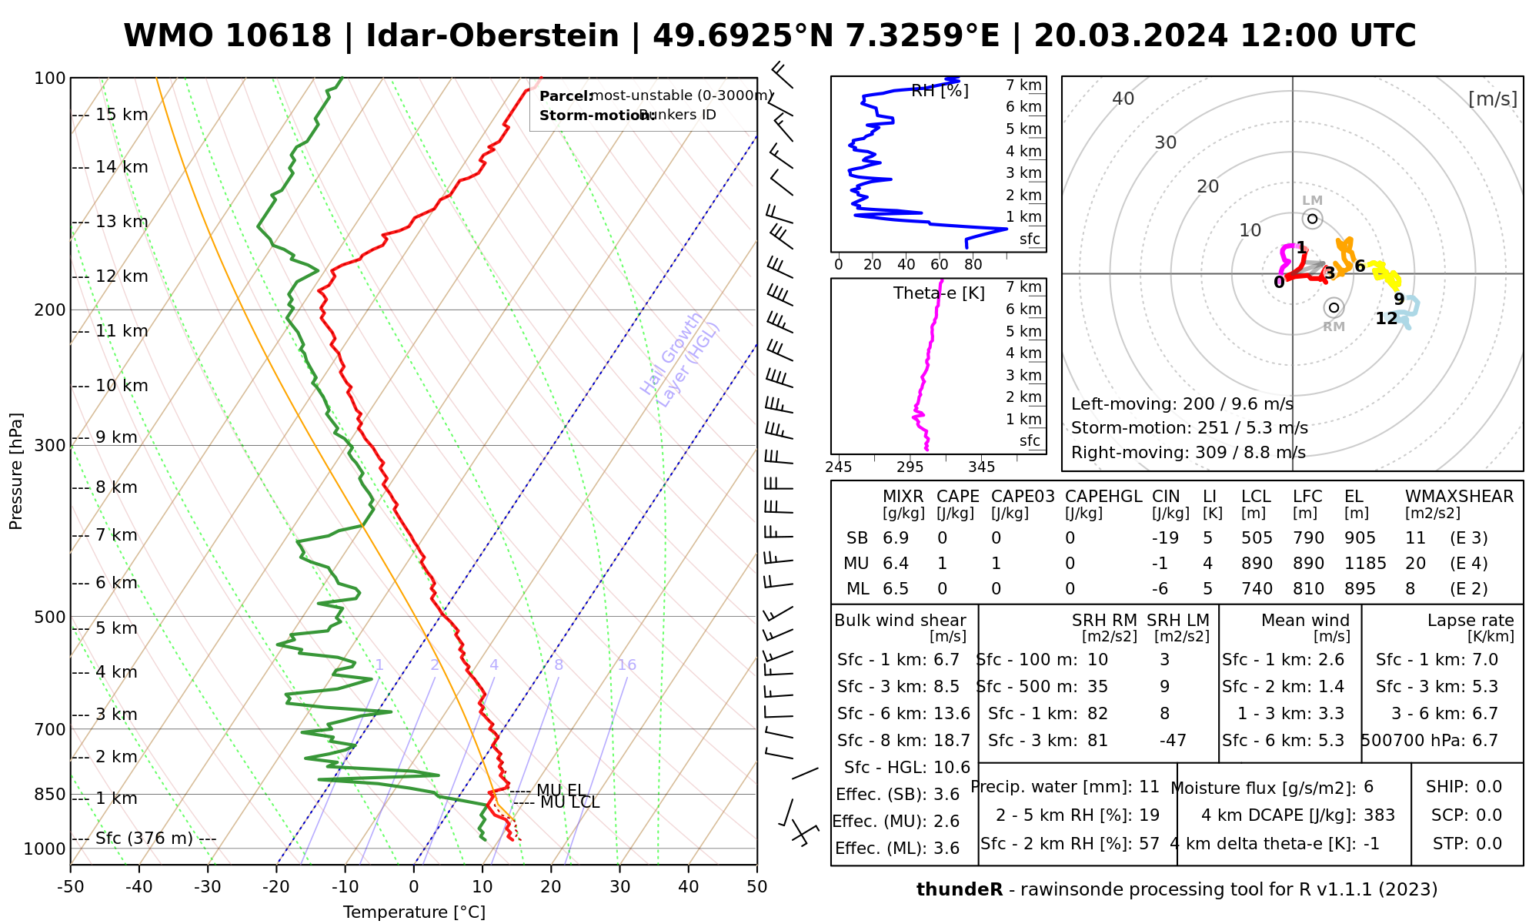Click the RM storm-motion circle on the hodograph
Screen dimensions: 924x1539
tap(1334, 307)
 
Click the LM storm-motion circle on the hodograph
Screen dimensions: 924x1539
tap(1313, 219)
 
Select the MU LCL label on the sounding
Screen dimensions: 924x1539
tap(569, 803)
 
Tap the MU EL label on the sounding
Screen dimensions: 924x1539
tap(560, 790)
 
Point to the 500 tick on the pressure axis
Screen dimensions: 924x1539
tap(51, 617)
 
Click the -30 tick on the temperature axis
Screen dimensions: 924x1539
tap(208, 887)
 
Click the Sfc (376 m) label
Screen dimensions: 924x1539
tap(144, 839)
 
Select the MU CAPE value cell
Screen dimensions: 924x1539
tap(942, 564)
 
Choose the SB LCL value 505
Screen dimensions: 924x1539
tap(1257, 538)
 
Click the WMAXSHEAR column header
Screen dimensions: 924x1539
tap(1459, 497)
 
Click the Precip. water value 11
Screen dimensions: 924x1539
tap(1149, 787)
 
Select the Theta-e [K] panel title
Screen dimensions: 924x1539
tap(939, 293)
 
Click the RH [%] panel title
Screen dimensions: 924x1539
tap(940, 91)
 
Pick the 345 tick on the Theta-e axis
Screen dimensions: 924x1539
tap(981, 467)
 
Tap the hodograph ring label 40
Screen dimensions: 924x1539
tap(1123, 99)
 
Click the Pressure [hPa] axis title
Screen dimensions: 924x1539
tap(16, 471)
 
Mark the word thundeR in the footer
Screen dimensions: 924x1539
tap(960, 890)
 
